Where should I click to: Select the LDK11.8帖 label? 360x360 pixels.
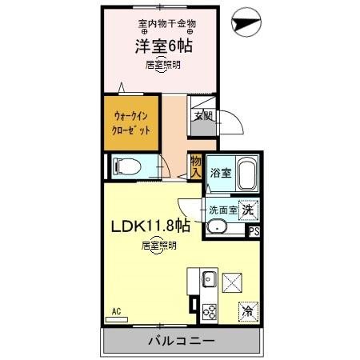pyautogui.click(x=150, y=227)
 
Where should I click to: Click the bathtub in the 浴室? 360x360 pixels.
pyautogui.click(x=244, y=173)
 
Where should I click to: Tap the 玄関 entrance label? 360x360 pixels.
pyautogui.click(x=202, y=116)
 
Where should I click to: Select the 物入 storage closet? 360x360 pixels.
pyautogui.click(x=195, y=166)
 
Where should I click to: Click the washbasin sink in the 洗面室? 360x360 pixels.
pyautogui.click(x=217, y=227)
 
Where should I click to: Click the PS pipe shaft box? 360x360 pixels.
pyautogui.click(x=254, y=232)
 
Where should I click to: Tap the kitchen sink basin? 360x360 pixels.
pyautogui.click(x=207, y=280)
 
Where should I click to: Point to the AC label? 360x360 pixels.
pyautogui.click(x=116, y=311)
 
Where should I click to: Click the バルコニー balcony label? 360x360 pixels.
pyautogui.click(x=180, y=342)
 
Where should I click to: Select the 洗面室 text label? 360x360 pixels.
pyautogui.click(x=222, y=210)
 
